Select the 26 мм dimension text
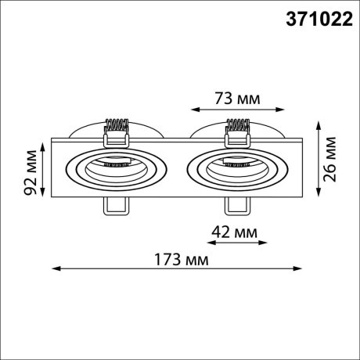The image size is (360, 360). [332, 159]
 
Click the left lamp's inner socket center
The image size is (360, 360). [116, 166]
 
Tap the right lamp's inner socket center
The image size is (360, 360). [236, 166]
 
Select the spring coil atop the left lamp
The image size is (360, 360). [116, 125]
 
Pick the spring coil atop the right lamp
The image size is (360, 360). [236, 125]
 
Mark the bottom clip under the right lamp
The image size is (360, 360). [236, 205]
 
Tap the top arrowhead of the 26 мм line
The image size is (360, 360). [319, 123]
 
